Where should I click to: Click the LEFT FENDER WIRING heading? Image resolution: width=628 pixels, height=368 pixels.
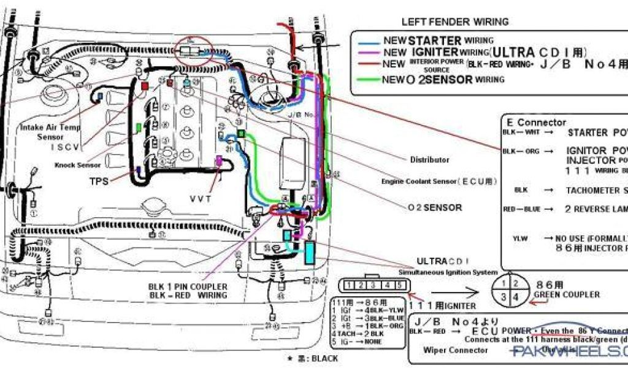tap(454, 22)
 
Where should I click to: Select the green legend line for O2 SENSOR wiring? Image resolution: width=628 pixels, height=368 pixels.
tap(370, 79)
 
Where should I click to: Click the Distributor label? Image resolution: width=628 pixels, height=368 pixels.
tap(429, 160)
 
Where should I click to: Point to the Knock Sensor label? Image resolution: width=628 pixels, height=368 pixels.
tap(78, 165)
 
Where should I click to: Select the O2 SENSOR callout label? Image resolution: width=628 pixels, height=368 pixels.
tap(435, 207)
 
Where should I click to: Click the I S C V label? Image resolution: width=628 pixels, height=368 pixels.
tap(67, 147)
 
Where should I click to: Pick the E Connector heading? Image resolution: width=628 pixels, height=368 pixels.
tap(536, 122)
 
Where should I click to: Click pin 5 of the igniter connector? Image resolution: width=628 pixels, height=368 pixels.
tap(400, 285)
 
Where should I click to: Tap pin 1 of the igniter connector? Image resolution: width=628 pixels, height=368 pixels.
tap(348, 285)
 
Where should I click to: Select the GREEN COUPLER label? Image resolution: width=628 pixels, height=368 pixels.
tap(566, 294)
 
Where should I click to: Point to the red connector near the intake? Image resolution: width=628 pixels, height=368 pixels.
tap(145, 86)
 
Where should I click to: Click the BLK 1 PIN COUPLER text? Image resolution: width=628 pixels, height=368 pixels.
tap(188, 286)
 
